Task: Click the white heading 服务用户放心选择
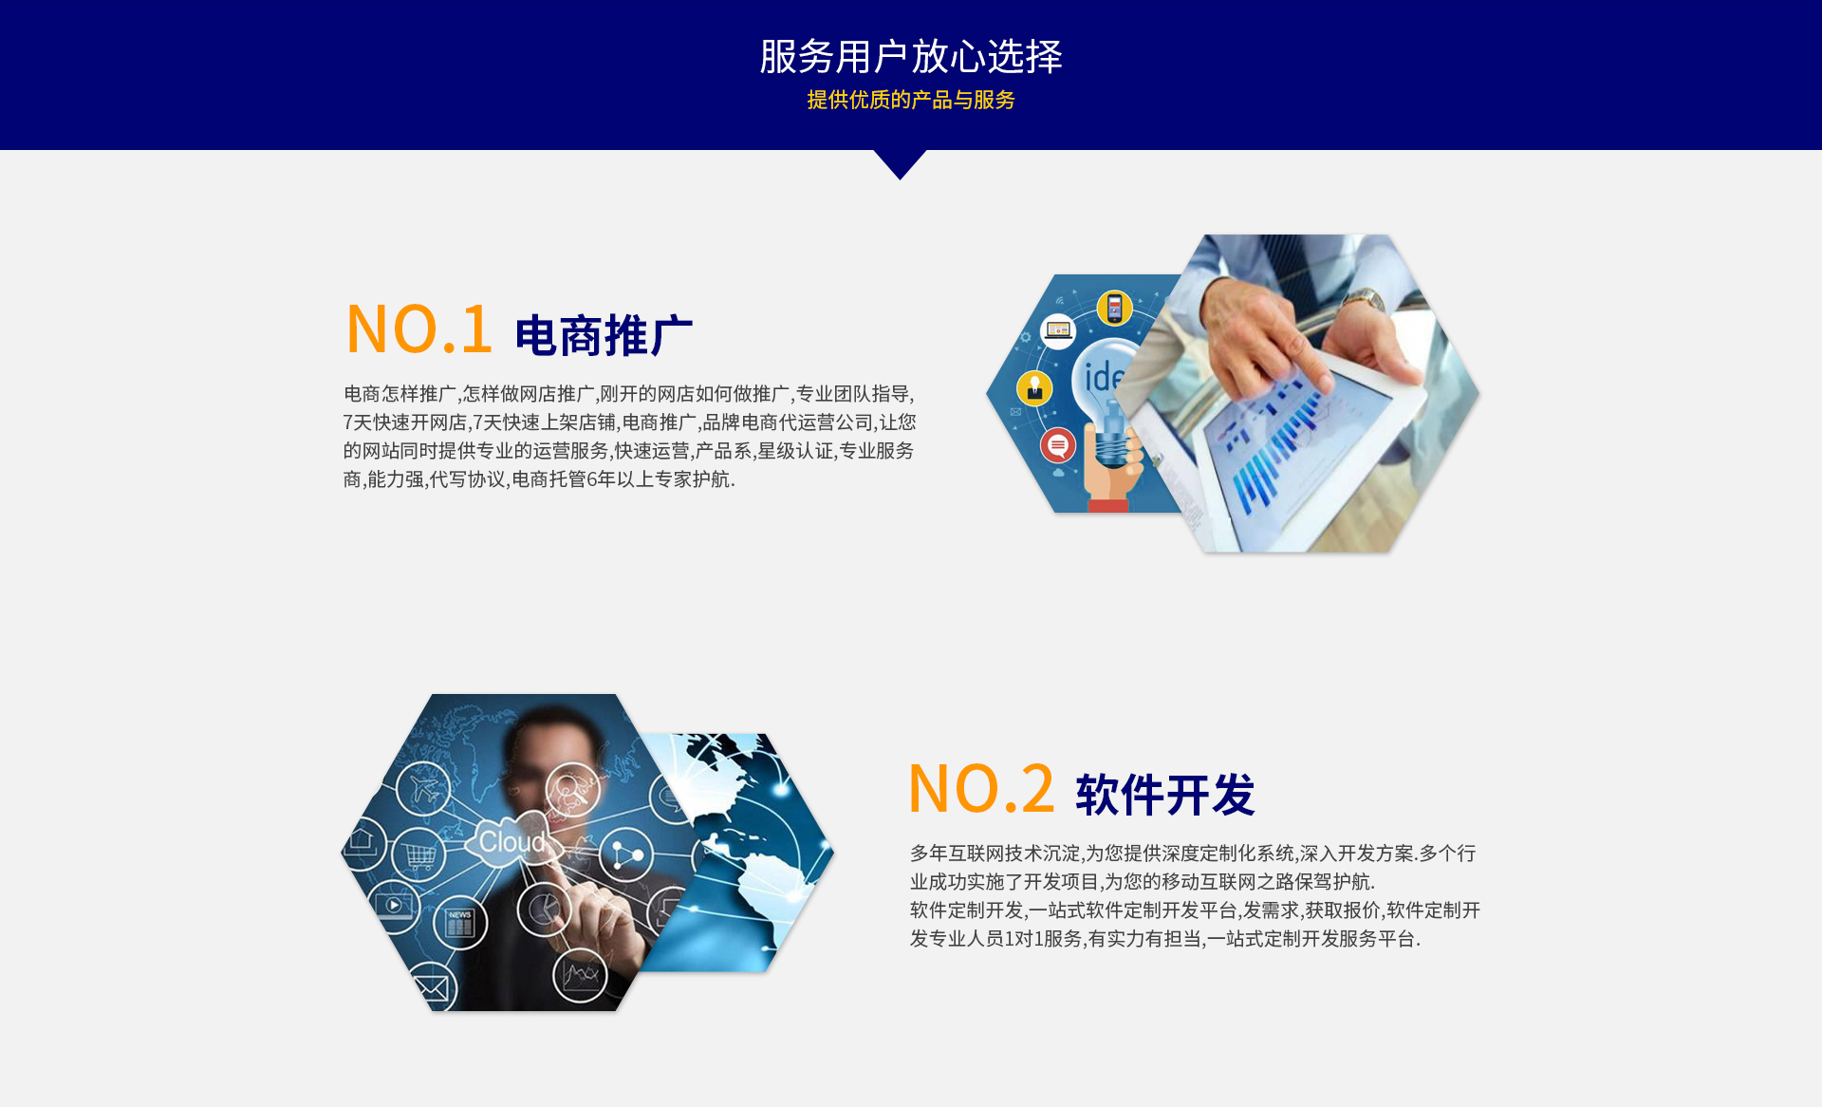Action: (911, 57)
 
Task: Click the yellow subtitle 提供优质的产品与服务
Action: (911, 100)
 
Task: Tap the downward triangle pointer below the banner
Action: (900, 163)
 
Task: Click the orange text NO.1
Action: (419, 329)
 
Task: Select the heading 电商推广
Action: (604, 336)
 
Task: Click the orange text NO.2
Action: (981, 789)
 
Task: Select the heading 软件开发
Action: (1165, 795)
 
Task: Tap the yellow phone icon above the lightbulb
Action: (1114, 309)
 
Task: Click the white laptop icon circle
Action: (1058, 330)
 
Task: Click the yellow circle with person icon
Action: (1034, 388)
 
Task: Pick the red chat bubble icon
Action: (1058, 444)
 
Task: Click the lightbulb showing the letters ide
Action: (1106, 399)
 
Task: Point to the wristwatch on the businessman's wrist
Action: (1363, 302)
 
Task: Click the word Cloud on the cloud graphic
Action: (511, 841)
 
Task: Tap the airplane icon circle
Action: (423, 788)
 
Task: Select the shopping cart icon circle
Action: (419, 855)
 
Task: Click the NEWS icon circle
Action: (460, 922)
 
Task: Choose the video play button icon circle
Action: (393, 906)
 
